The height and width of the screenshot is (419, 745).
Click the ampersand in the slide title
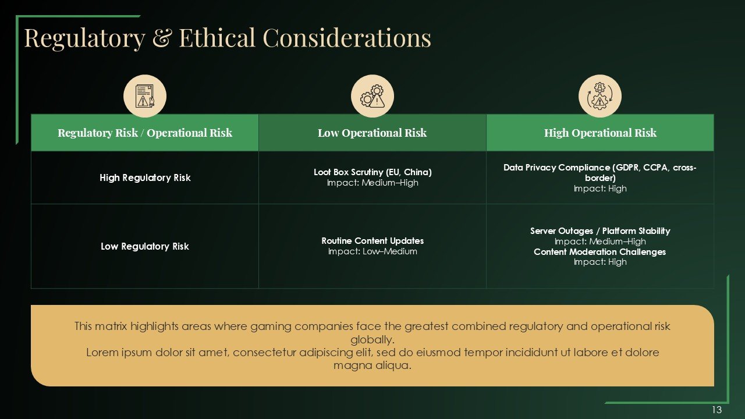coord(162,38)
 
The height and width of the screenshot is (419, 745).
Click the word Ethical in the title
coord(217,37)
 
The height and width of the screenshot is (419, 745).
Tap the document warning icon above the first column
coord(145,96)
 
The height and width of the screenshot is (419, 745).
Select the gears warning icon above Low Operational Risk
coord(372,96)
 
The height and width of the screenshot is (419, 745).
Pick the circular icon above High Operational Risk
coord(600,96)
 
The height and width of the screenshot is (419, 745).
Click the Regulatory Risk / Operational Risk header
coord(145,133)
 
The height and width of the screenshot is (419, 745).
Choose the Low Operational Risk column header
coord(372,133)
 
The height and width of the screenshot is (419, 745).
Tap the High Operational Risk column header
coord(600,133)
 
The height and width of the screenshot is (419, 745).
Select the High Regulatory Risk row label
coord(145,177)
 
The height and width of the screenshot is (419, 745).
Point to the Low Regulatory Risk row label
coord(145,246)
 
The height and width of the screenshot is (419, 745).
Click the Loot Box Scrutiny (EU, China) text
coord(372,172)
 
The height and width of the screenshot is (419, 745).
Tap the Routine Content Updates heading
coord(372,240)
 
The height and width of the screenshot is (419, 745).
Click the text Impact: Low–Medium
coord(372,251)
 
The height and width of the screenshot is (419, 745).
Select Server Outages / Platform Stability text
coord(600,231)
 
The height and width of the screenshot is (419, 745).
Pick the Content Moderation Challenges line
coord(599,252)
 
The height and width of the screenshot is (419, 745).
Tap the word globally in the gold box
coord(372,339)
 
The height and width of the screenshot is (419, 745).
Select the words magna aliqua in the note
coord(372,365)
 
